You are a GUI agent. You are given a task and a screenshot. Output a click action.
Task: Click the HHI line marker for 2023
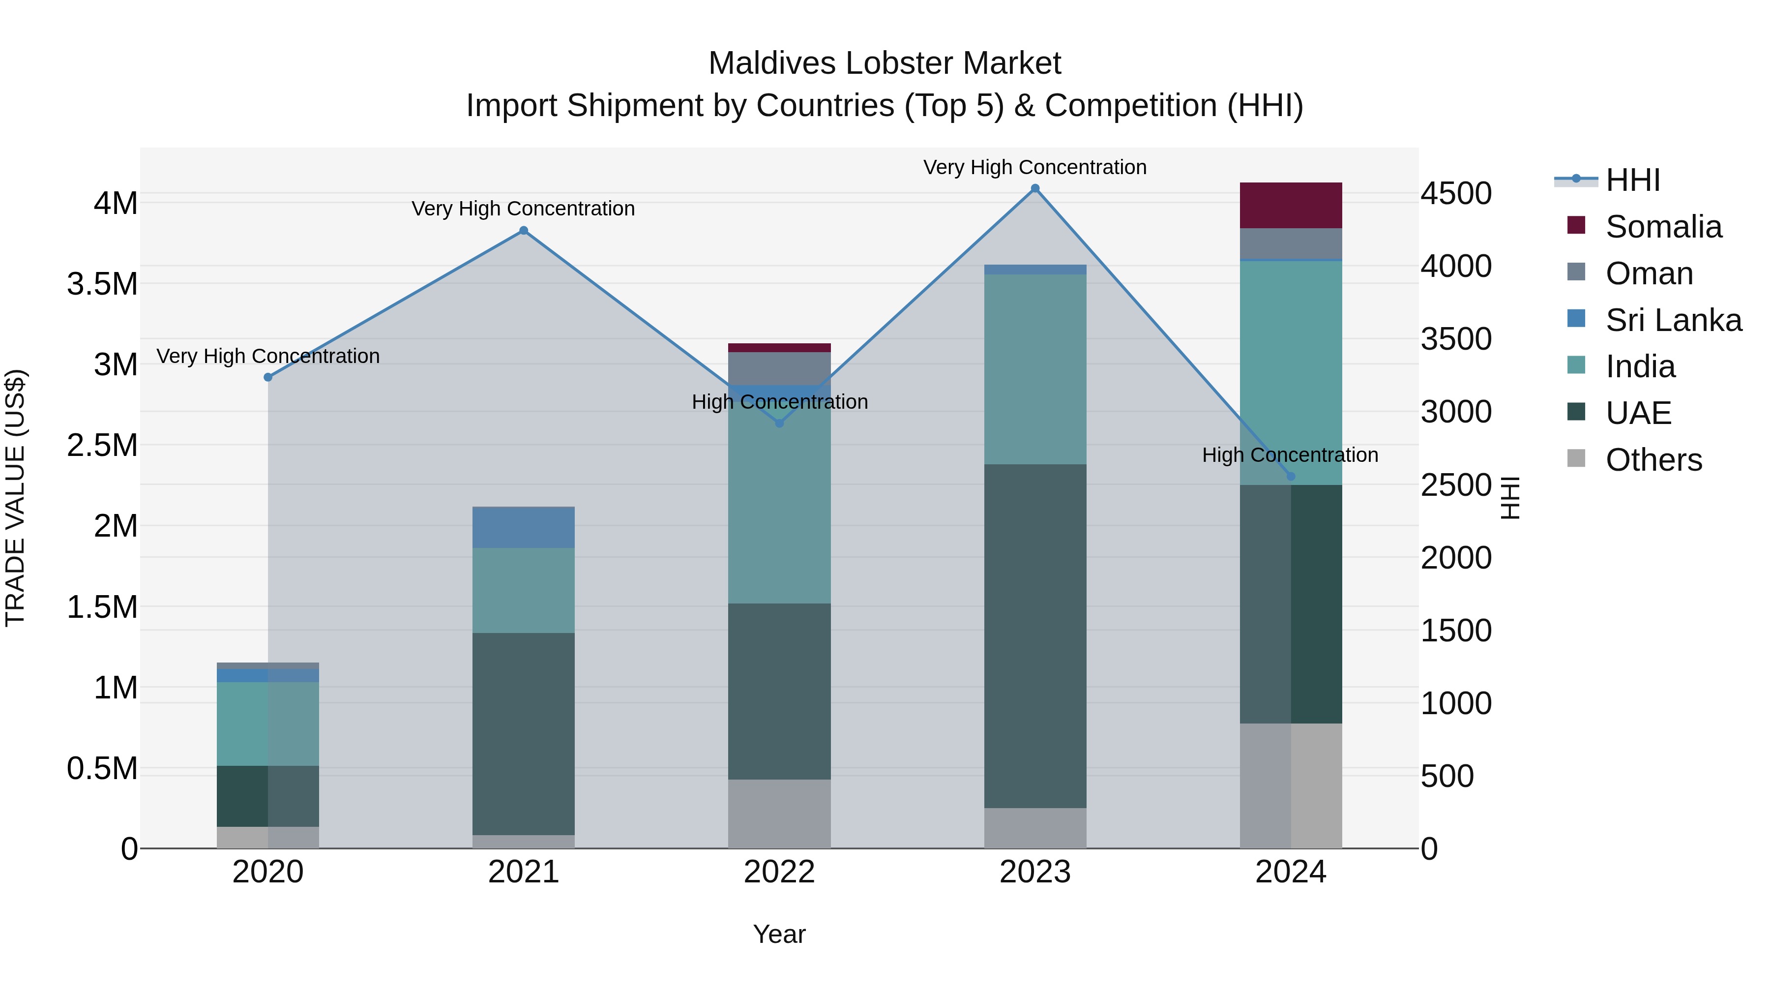[1035, 188]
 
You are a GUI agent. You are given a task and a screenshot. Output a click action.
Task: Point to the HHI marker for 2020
[268, 377]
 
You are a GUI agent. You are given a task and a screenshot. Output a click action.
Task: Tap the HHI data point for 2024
[1291, 476]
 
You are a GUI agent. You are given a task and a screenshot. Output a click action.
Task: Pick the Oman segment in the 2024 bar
[1291, 243]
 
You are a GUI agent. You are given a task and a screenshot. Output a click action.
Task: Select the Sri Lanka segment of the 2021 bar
[524, 527]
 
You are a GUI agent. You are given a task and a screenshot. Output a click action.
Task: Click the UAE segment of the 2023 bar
[1035, 636]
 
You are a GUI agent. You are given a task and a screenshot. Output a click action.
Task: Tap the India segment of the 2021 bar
[524, 590]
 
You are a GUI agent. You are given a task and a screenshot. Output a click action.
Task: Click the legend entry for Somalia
[1663, 227]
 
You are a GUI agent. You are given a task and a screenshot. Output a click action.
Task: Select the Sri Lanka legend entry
[1673, 320]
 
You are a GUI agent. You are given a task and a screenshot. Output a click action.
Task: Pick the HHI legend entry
[1632, 180]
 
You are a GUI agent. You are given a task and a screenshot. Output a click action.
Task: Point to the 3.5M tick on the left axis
[102, 284]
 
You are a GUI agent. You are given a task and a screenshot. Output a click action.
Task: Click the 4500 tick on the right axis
[1456, 193]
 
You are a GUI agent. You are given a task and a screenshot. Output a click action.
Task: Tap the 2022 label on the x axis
[779, 872]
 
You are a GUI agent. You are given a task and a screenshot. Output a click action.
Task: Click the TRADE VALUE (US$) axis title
[15, 498]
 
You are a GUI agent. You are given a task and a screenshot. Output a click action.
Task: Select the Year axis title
[779, 934]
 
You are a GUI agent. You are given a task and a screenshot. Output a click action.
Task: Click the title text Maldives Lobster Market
[885, 63]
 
